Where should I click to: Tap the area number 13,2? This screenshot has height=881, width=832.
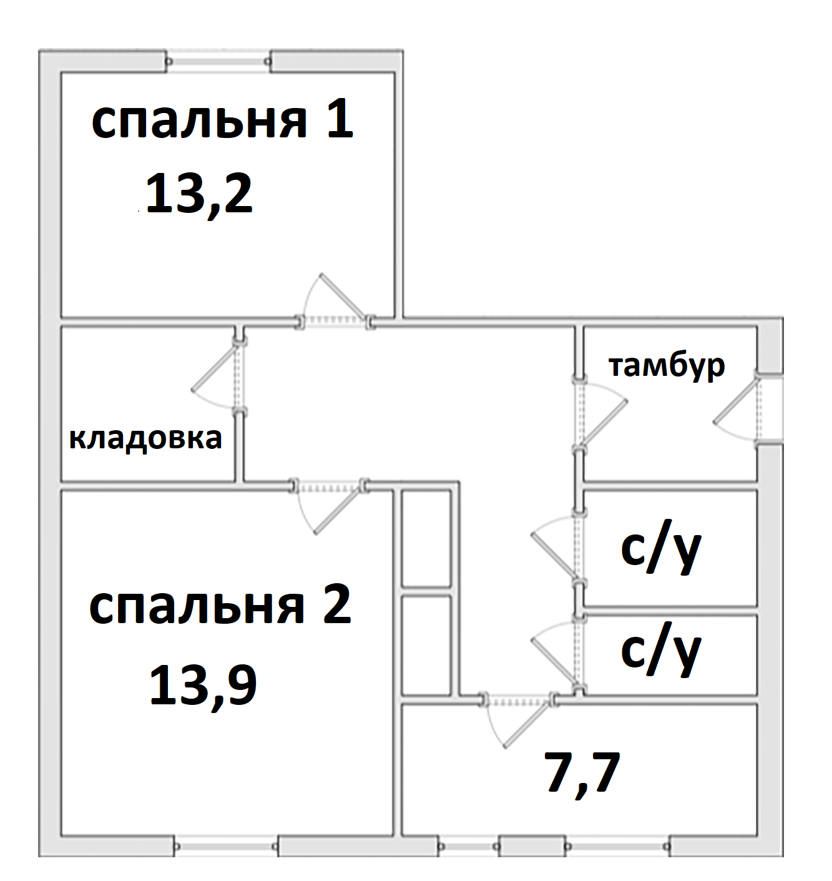199,195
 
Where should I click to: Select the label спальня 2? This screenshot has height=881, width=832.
220,606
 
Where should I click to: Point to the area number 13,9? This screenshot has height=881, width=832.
203,686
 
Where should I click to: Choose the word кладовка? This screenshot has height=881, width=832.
145,438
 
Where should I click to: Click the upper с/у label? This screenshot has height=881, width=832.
661,549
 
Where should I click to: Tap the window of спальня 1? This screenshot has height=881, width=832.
219,61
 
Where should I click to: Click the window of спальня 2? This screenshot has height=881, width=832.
226,846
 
